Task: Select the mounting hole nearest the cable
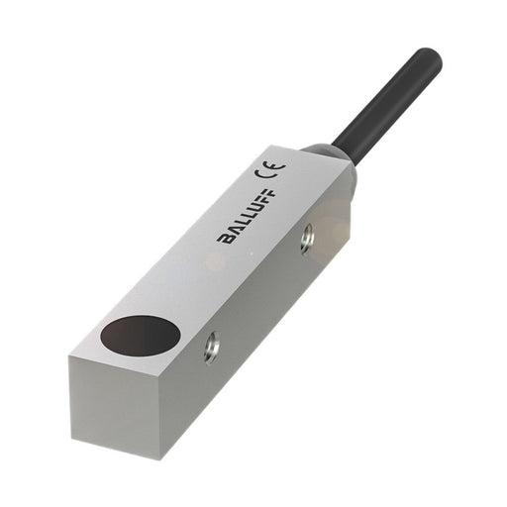coord(308,236)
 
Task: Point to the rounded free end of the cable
coord(428,58)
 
